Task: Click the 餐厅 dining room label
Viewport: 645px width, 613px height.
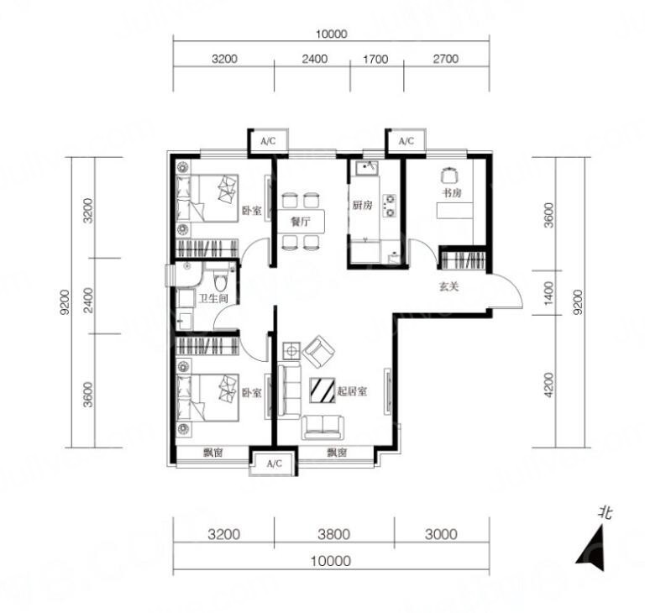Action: pyautogui.click(x=301, y=223)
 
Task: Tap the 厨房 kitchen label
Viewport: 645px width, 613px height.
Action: pyautogui.click(x=363, y=204)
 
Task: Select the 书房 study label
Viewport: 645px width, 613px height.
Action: pyautogui.click(x=452, y=192)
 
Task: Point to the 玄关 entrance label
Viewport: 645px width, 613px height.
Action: pyautogui.click(x=448, y=286)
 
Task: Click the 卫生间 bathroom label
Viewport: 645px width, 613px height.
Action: pyautogui.click(x=213, y=298)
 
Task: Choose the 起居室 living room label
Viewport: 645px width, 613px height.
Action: pyautogui.click(x=352, y=391)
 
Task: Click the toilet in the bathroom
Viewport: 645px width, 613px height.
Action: pyautogui.click(x=221, y=280)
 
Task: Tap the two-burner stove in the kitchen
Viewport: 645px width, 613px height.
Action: pyautogui.click(x=389, y=206)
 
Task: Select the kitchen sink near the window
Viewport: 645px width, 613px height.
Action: pyautogui.click(x=368, y=168)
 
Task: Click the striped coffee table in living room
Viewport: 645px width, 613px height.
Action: pyautogui.click(x=322, y=390)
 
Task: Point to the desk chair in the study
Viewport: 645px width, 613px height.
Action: pyautogui.click(x=449, y=176)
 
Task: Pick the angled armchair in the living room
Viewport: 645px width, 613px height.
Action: pyautogui.click(x=318, y=352)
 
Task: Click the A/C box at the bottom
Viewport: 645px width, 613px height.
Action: pyautogui.click(x=274, y=464)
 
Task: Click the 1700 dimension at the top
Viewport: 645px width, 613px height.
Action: pyautogui.click(x=375, y=60)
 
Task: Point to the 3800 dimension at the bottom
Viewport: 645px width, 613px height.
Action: pyautogui.click(x=334, y=534)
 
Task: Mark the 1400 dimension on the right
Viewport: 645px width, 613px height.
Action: pyautogui.click(x=548, y=293)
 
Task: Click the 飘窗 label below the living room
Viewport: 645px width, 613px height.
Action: pyautogui.click(x=337, y=453)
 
